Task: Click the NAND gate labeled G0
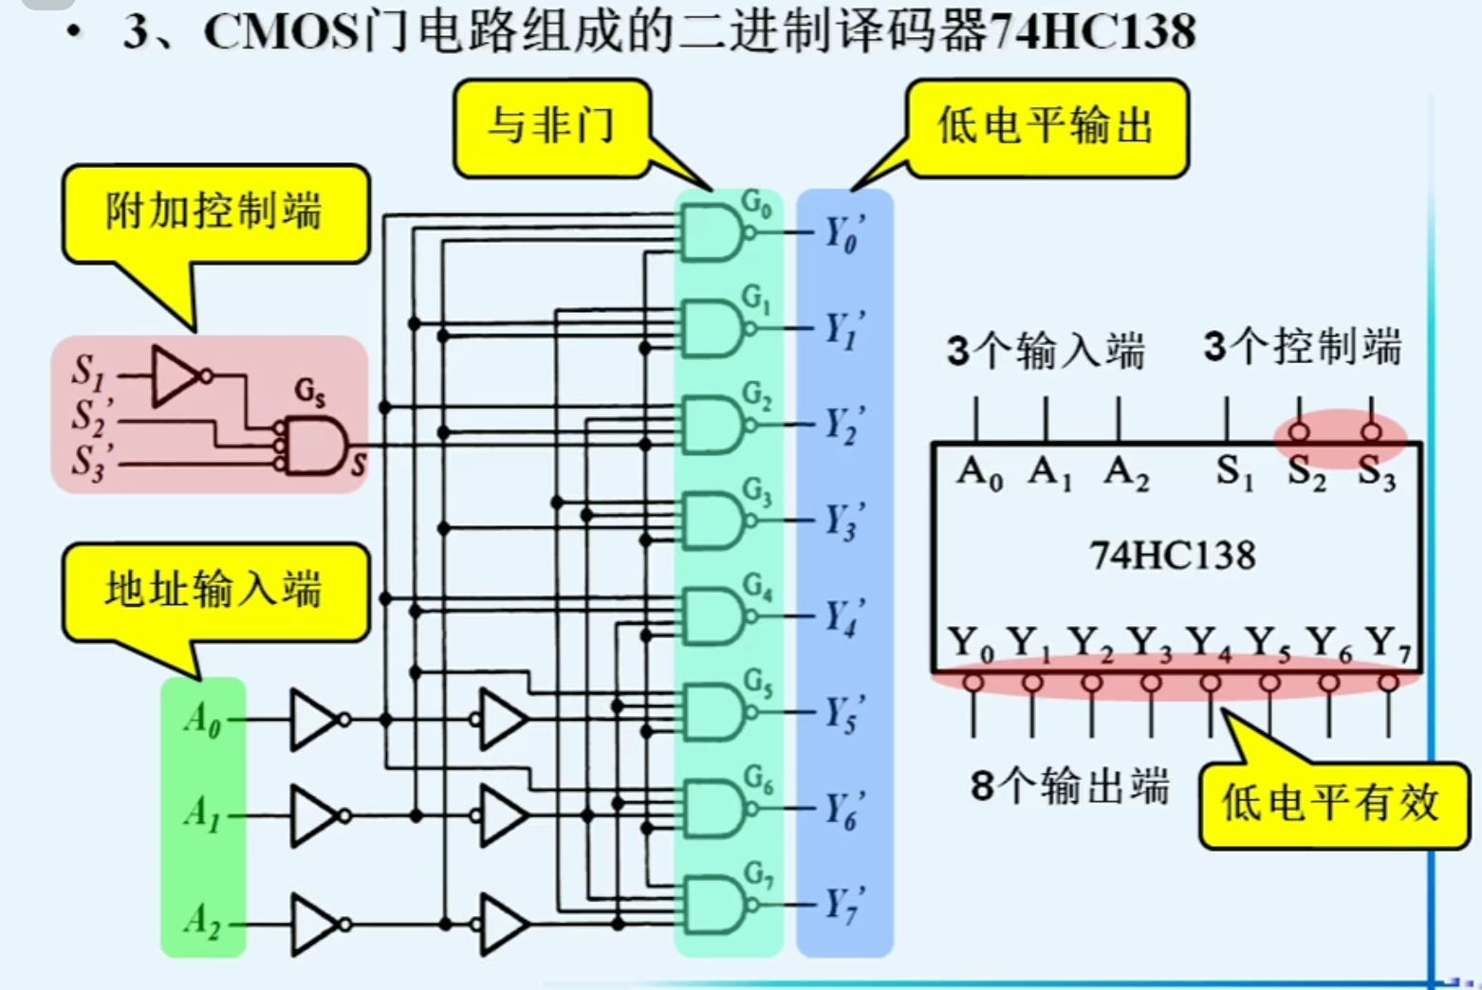coord(712,232)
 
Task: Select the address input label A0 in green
coord(202,719)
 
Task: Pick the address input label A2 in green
coord(202,920)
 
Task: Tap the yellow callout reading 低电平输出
coord(1046,127)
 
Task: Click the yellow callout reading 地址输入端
coord(214,590)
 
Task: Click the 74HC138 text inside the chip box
coord(1173,555)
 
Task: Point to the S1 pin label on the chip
coord(1234,471)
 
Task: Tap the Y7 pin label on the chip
coord(1389,645)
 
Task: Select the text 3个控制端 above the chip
coord(1302,348)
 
